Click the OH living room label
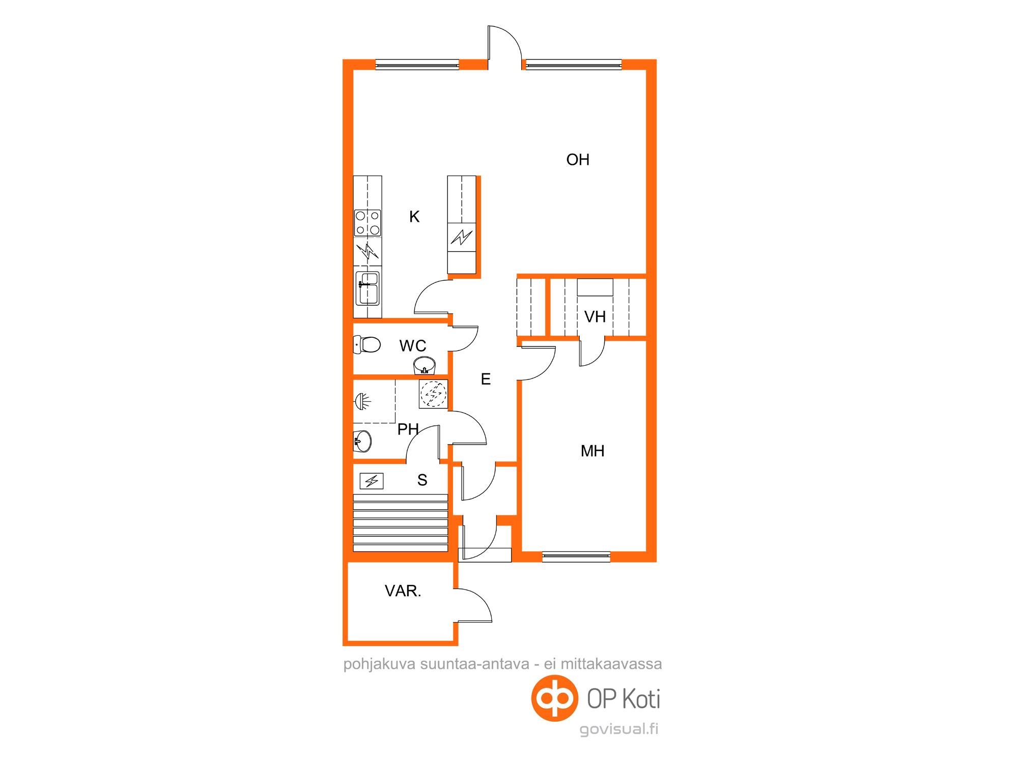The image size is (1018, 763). point(578,160)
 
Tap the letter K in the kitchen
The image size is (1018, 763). point(414,217)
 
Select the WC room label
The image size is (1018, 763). point(413,346)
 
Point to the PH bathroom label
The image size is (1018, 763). point(408,429)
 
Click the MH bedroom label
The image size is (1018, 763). point(592,451)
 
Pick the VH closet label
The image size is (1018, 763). point(595,317)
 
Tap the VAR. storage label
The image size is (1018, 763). point(403,591)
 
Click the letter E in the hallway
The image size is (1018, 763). point(486,379)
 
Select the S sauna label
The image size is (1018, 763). point(422,480)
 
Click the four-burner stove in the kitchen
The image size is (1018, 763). point(367,223)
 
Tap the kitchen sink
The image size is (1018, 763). point(367,287)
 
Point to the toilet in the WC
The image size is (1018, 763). point(366,345)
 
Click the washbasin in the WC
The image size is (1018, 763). point(425,365)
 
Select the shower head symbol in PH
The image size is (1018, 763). point(362,402)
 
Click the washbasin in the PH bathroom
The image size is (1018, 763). point(362,441)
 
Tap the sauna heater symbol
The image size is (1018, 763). point(372,481)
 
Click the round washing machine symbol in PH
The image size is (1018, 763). point(433,394)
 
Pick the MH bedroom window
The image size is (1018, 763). point(576,557)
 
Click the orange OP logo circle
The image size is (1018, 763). point(555,698)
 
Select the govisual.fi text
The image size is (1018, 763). point(619,729)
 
